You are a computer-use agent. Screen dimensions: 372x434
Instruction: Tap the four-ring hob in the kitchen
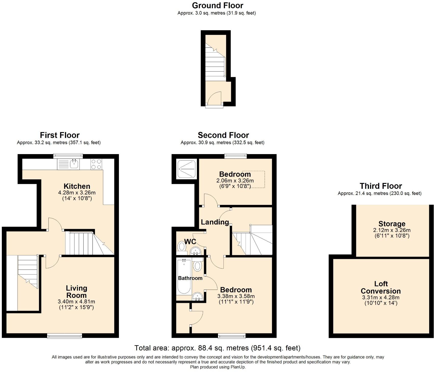click(x=96, y=164)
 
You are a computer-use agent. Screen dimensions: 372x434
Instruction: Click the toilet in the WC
click(x=182, y=246)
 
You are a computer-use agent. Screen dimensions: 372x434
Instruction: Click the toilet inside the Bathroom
click(x=197, y=266)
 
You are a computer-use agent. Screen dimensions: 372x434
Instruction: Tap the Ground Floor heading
click(x=218, y=5)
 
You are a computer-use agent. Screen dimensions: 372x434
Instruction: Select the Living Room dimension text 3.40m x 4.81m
click(x=76, y=302)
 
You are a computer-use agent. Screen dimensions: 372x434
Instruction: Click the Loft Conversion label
click(x=381, y=287)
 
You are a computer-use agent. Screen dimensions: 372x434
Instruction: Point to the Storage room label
click(x=392, y=224)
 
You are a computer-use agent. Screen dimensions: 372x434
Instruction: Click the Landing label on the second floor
click(x=215, y=222)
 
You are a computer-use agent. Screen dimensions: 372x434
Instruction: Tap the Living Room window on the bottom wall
click(x=65, y=336)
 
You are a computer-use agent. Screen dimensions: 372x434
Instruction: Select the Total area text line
click(x=217, y=348)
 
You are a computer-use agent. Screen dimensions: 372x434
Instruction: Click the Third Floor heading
click(x=381, y=186)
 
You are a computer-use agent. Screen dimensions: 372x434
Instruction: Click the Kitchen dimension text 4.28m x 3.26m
click(x=77, y=192)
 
